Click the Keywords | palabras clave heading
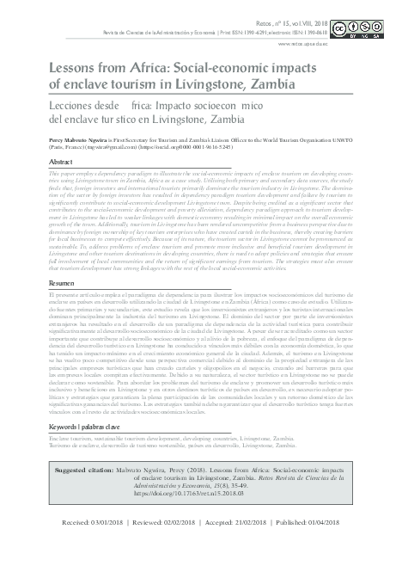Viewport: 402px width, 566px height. click(x=89, y=426)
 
